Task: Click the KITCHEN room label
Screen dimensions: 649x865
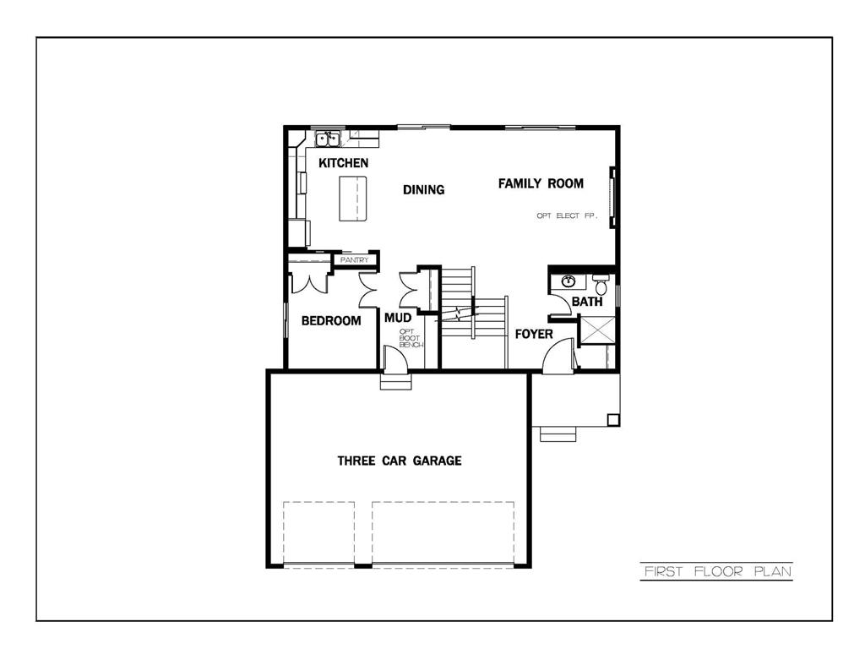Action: (x=343, y=162)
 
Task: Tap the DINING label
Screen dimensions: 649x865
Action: (x=423, y=189)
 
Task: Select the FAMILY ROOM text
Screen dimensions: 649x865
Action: (x=541, y=183)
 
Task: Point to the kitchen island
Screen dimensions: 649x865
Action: (x=355, y=199)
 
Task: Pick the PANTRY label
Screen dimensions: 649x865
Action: (x=354, y=260)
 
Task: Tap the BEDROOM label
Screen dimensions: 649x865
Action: (x=331, y=320)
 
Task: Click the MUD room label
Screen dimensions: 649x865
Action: (x=397, y=318)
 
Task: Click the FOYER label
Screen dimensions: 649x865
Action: (x=534, y=334)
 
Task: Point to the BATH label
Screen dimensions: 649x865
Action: (x=587, y=302)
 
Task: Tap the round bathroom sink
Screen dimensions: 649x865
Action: (x=569, y=281)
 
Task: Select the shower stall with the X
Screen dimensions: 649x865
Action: (x=596, y=330)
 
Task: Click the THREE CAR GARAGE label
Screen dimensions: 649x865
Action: (x=400, y=461)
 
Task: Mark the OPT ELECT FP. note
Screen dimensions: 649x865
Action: (x=567, y=216)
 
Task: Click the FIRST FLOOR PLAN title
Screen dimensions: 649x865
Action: (x=716, y=571)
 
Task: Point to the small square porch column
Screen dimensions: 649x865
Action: (x=614, y=419)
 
